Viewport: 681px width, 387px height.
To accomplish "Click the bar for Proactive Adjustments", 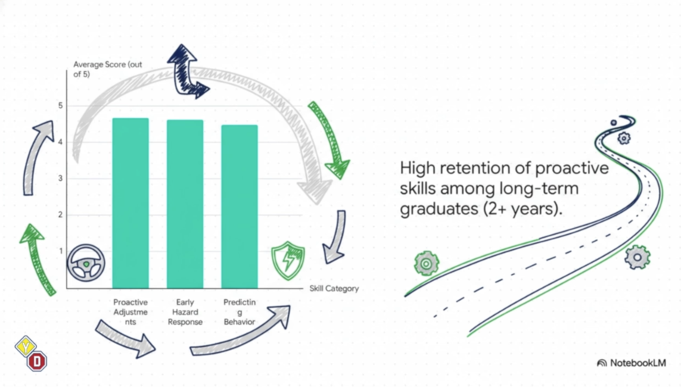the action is [x=130, y=203].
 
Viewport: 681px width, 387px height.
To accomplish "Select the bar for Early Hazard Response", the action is [x=185, y=204].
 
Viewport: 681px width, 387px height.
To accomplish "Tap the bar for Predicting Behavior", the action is [x=239, y=207].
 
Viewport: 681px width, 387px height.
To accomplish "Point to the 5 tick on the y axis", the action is [x=61, y=106].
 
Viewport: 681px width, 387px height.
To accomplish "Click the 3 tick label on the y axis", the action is [x=61, y=178].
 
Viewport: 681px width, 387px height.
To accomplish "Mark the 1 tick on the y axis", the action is [x=61, y=251].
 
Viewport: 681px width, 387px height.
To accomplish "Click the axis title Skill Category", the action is [x=334, y=289].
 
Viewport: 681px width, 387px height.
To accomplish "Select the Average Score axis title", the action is [x=107, y=69].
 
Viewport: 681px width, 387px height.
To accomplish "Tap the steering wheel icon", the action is [x=86, y=263].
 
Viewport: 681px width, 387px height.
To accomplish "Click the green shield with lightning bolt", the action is [x=288, y=261].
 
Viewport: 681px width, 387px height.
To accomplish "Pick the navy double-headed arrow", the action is [x=187, y=71].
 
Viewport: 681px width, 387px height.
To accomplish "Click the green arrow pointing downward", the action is [x=330, y=139].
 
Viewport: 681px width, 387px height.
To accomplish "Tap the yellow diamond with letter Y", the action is [x=26, y=347].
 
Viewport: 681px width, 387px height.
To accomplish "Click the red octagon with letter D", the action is [x=37, y=361].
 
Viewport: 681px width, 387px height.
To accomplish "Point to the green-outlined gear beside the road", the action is [x=427, y=263].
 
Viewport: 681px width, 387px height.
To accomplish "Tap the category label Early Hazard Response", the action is [x=185, y=312].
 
